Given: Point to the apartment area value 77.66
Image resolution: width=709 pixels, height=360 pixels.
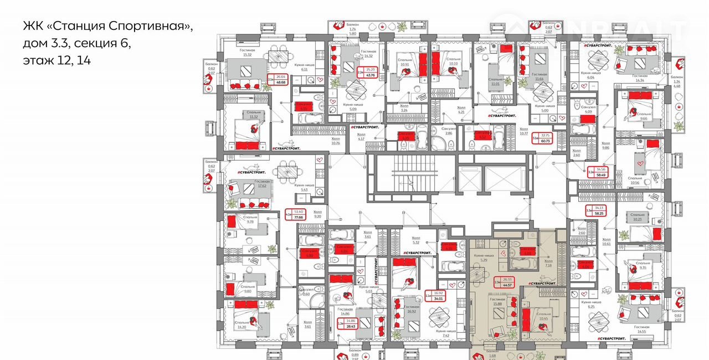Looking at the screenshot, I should pyautogui.click(x=299, y=218).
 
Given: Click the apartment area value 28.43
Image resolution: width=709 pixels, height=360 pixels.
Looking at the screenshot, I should pyautogui.click(x=350, y=326).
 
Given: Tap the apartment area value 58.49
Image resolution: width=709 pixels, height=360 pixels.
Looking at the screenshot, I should pyautogui.click(x=600, y=175).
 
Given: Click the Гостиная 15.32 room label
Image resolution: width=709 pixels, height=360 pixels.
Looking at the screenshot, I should pyautogui.click(x=246, y=52).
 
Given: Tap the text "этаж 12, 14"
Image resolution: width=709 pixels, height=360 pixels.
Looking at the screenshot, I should pyautogui.click(x=56, y=60).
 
